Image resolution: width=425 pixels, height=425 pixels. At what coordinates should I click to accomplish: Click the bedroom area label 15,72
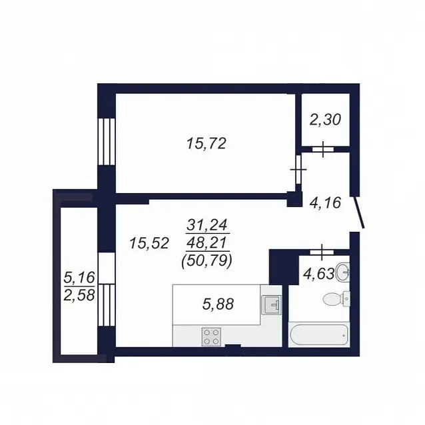[206, 143]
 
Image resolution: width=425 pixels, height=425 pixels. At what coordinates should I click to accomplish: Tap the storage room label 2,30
[325, 119]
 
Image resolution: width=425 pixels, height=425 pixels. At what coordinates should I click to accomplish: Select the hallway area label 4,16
[325, 203]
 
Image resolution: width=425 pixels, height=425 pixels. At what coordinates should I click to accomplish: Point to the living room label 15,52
[149, 243]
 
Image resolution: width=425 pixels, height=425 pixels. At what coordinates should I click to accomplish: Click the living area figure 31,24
[208, 225]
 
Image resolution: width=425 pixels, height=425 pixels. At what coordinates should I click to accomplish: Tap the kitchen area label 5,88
[218, 304]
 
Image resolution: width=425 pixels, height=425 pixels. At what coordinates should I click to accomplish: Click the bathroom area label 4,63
[318, 274]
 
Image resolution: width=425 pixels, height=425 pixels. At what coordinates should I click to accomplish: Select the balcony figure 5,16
[79, 278]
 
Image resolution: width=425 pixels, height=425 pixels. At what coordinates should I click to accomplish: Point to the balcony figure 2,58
[79, 295]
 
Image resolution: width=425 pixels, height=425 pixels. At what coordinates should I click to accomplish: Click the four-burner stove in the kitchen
[211, 337]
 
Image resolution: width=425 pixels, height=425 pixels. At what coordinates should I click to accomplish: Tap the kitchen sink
[271, 305]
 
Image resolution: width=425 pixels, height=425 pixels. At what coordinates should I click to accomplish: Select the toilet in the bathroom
[336, 299]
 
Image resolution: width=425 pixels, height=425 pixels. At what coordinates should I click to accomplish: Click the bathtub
[318, 335]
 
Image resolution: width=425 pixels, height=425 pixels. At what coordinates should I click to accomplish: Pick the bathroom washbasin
[342, 272]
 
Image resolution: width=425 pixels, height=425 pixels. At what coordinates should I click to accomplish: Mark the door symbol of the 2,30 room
[322, 149]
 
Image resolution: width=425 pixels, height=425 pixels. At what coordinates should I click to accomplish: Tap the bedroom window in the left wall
[107, 142]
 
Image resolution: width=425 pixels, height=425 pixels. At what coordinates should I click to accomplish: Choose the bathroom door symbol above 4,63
[322, 252]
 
